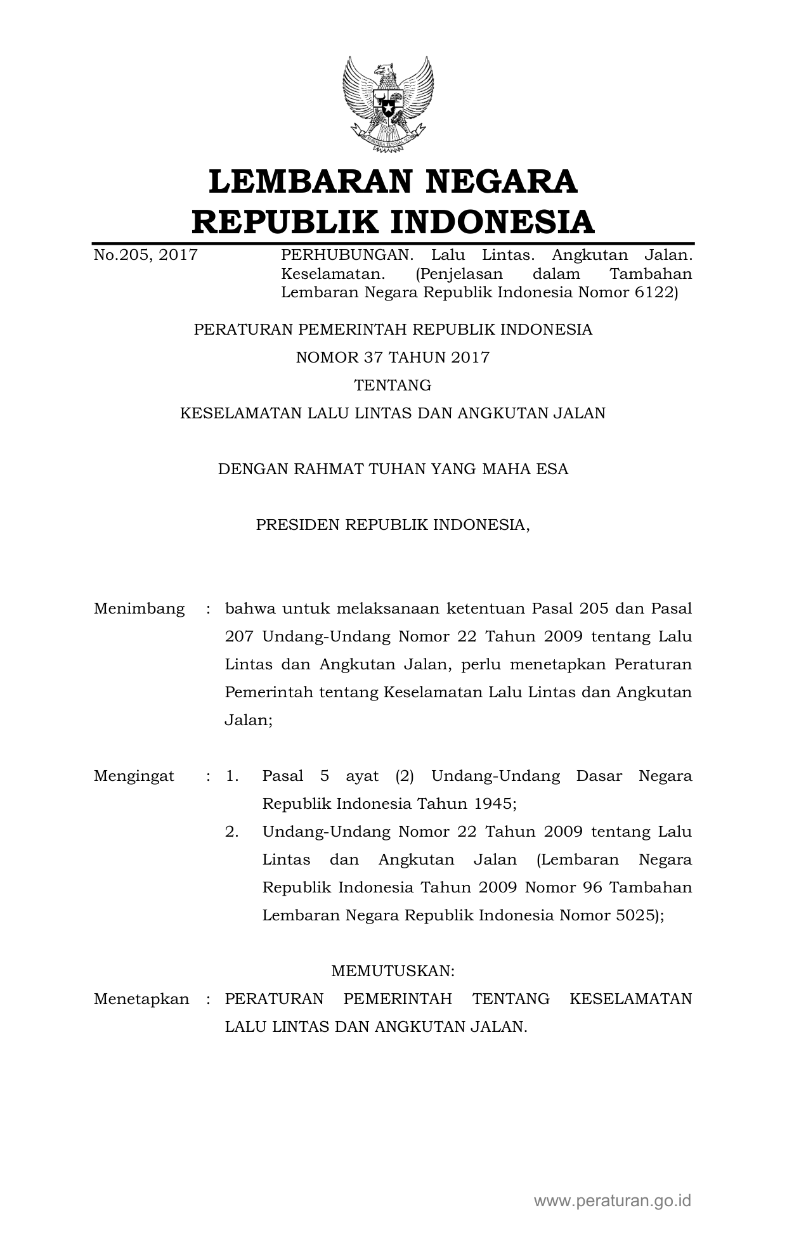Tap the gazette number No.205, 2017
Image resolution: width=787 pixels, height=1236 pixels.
[x=145, y=255]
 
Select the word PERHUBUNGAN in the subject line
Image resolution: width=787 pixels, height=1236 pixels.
[x=347, y=255]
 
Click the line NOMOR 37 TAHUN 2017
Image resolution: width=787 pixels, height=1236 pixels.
[x=393, y=357]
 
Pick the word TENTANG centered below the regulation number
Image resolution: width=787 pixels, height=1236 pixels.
[x=393, y=385]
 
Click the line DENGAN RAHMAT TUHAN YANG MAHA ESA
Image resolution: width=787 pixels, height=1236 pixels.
[x=393, y=469]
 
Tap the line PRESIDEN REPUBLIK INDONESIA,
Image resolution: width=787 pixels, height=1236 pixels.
[x=393, y=525]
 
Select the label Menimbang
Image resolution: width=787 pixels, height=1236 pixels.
[x=139, y=609]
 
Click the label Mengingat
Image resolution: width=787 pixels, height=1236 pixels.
[x=134, y=776]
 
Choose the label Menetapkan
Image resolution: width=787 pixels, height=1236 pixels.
[x=141, y=1000]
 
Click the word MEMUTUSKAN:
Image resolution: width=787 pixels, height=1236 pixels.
[x=393, y=971]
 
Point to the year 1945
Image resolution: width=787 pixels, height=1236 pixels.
[x=493, y=804]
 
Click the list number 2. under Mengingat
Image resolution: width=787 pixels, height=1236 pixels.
[x=232, y=832]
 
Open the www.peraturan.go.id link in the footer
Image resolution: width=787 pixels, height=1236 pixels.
[x=612, y=1201]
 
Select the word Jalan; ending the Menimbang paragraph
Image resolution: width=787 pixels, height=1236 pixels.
[x=249, y=721]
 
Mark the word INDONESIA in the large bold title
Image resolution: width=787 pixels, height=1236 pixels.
[x=491, y=222]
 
